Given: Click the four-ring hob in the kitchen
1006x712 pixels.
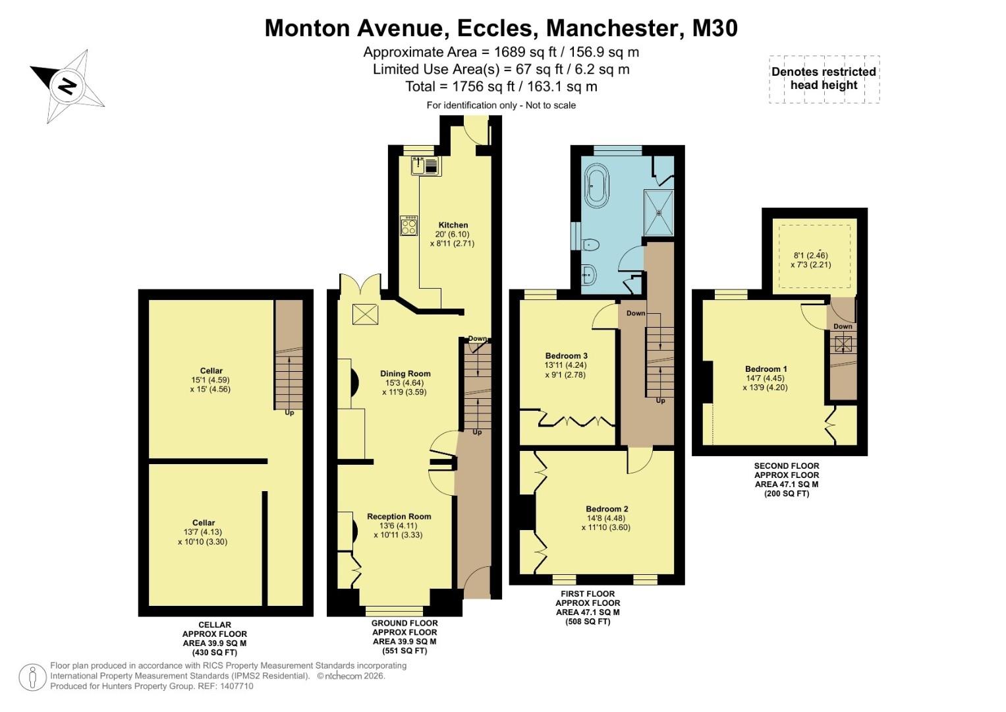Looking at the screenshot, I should pos(408,225).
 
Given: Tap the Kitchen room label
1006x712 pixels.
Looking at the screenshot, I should pos(453,225).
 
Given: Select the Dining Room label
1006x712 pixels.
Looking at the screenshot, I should pos(405,374).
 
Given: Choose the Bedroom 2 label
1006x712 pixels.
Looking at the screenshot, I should pos(607,509).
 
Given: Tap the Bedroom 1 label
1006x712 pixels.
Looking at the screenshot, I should pos(766,369).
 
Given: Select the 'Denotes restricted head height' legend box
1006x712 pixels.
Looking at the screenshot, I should pos(824,78).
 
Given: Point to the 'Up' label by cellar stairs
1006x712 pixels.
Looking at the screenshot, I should pos(289,413).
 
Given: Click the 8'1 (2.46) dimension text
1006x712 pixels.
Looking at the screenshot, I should pos(810,255).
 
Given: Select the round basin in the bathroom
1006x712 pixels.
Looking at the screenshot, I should pos(588,274).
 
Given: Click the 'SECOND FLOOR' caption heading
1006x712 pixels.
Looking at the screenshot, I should pos(787,465).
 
